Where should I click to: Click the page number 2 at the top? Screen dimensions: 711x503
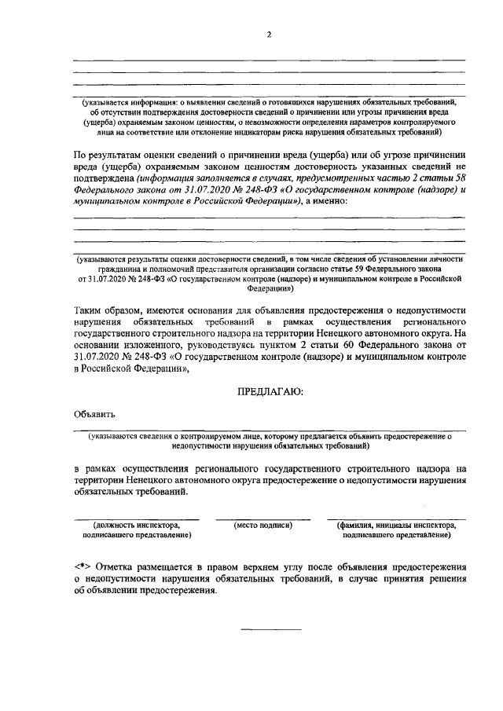[268, 35]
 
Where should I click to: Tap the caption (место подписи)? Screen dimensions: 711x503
[263, 525]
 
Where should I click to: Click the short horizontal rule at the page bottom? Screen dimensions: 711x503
[270, 629]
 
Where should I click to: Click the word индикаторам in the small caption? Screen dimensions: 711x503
[255, 134]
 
